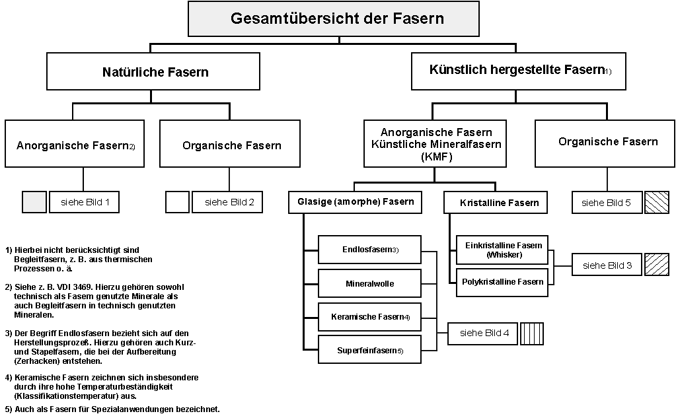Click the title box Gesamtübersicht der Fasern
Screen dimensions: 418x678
coord(338,18)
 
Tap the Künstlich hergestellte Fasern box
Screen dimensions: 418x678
coord(519,70)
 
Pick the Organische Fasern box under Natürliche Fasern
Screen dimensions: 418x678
coord(231,145)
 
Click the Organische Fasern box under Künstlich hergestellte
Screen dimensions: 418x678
coord(607,141)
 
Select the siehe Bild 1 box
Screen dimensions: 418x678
coord(84,202)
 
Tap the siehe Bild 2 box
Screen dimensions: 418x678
coord(229,202)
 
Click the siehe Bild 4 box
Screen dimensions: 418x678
coord(484,333)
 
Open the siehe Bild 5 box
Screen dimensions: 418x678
coord(606,203)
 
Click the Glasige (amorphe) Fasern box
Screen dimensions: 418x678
coord(355,202)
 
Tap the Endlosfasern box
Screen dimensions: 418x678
coord(370,250)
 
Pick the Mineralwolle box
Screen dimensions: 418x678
coord(370,283)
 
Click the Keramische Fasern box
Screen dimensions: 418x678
coord(370,317)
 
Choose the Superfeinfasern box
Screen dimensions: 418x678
coord(370,350)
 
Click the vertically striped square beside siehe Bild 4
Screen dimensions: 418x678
coord(533,333)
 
